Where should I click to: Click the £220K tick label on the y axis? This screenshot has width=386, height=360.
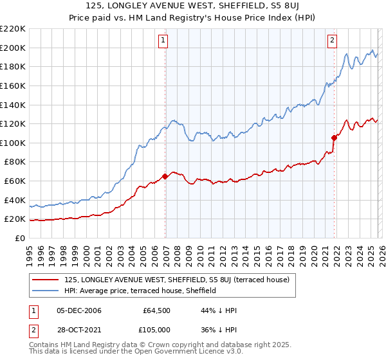[x=13, y=29]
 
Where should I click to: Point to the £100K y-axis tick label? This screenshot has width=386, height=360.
[x=13, y=143]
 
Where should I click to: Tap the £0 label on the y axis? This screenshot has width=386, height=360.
[x=19, y=238]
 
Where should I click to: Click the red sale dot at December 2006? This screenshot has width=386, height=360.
[x=165, y=176]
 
